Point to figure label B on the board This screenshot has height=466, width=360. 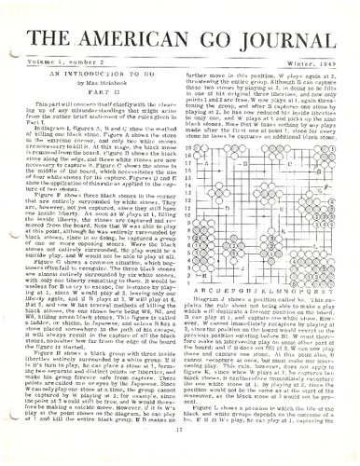click(244, 164)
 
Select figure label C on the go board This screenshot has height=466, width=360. click(289, 164)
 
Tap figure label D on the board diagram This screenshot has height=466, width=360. click(227, 208)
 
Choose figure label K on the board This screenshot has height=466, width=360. click(283, 231)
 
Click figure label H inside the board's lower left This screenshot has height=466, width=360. click(204, 275)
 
